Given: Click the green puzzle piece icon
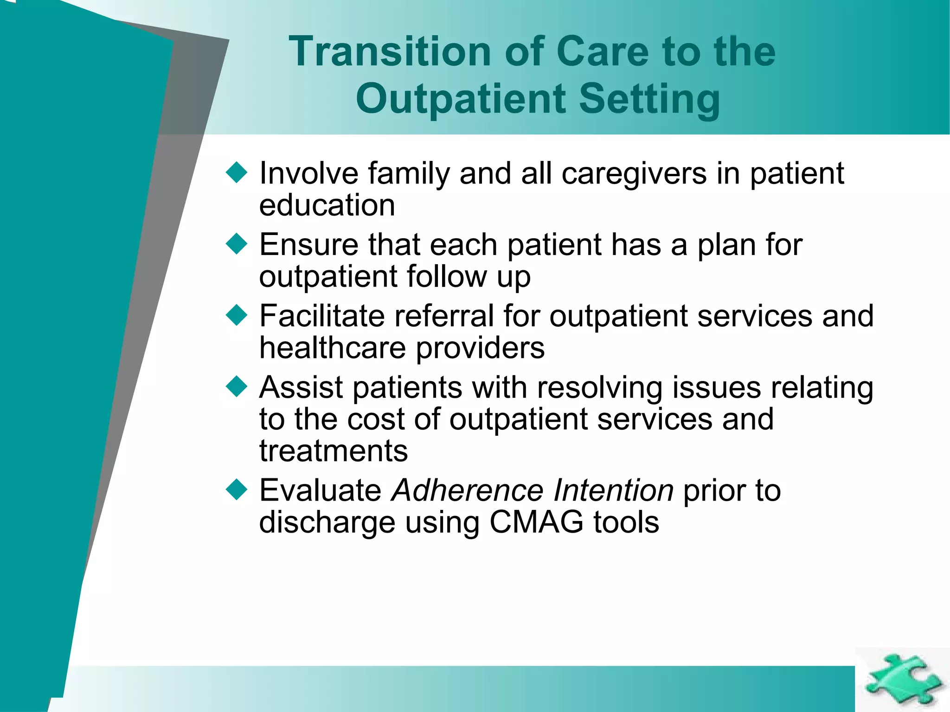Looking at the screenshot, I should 903,680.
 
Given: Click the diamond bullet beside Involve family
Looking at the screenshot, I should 237,172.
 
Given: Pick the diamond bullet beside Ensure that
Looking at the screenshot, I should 237,244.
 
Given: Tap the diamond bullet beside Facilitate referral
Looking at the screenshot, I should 237,315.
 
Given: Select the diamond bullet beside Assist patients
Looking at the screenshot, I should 237,387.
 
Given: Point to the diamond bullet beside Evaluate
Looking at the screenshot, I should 237,490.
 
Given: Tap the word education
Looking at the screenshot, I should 327,205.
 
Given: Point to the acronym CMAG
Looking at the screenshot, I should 536,522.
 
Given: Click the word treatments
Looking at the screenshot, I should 334,451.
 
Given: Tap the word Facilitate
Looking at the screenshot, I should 322,316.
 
